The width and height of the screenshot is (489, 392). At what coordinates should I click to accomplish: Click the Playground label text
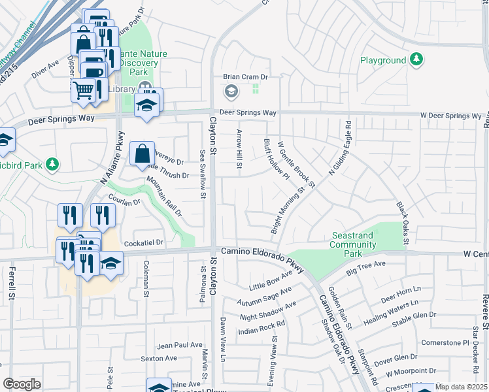click(383, 61)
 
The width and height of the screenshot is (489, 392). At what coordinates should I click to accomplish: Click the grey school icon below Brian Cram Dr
click(230, 92)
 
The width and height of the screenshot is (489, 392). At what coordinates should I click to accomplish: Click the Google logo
click(22, 384)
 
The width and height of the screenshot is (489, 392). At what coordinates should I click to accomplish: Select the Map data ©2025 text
click(460, 387)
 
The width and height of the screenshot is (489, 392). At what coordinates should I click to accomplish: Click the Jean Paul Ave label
click(180, 345)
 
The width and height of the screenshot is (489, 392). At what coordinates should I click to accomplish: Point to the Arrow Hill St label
click(239, 152)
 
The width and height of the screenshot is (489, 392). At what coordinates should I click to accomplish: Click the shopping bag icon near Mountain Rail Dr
click(143, 155)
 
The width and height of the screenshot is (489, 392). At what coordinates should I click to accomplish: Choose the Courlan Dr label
click(127, 203)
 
